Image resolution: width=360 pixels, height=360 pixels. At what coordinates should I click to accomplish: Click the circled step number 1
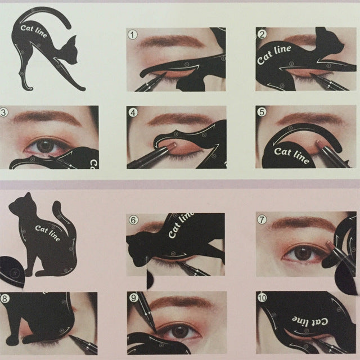coord(133,34)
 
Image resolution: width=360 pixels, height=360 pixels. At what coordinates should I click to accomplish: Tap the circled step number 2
coord(262,34)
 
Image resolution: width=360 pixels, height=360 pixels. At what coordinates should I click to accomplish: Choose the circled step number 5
coord(261,112)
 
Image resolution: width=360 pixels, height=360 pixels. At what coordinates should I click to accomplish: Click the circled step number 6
coord(133,220)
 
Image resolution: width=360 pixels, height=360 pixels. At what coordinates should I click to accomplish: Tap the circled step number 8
coord(5,299)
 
